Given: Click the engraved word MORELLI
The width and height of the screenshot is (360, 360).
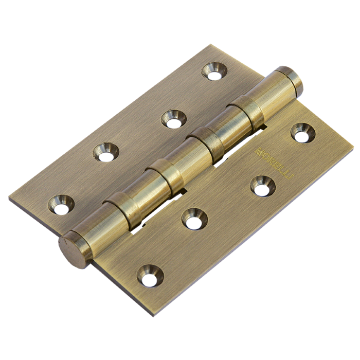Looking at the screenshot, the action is pyautogui.click(x=275, y=163).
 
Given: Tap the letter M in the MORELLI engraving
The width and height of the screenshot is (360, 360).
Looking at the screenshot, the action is pyautogui.click(x=259, y=151).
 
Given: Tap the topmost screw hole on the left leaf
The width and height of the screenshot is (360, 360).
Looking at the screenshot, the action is pyautogui.click(x=214, y=71).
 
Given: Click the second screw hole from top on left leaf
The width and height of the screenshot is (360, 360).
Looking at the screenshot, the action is pyautogui.click(x=174, y=119).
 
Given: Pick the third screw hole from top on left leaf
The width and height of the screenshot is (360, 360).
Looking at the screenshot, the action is pyautogui.click(x=106, y=152).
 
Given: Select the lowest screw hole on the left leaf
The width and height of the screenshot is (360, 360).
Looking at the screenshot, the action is pyautogui.click(x=61, y=205).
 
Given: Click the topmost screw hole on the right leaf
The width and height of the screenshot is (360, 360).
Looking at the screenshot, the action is pyautogui.click(x=303, y=133).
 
